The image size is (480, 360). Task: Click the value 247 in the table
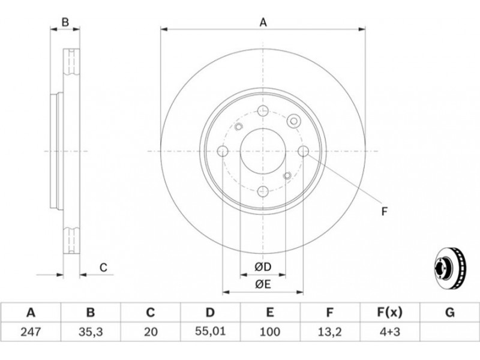tap(31, 332)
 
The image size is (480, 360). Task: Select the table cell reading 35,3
tap(91, 332)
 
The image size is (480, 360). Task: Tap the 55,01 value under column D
tap(210, 331)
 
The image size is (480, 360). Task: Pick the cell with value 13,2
tap(329, 332)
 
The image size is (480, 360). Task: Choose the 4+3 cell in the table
tap(389, 332)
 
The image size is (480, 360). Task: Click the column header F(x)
tap(389, 313)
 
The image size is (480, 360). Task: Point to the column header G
tap(449, 313)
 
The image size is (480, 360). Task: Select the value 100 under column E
tap(269, 332)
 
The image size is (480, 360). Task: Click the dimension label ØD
tap(263, 267)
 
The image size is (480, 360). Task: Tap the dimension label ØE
tap(263, 284)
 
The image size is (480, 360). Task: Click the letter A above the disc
tap(263, 23)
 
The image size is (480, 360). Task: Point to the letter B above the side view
tap(65, 22)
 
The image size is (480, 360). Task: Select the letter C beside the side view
tap(103, 268)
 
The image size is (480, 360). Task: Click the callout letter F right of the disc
tap(385, 212)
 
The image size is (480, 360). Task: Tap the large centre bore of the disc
tap(263, 151)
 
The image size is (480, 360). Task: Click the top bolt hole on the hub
tap(263, 110)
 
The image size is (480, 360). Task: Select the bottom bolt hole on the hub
tap(263, 191)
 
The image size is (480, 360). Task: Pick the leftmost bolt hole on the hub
tap(223, 151)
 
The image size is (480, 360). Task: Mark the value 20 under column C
tap(151, 332)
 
